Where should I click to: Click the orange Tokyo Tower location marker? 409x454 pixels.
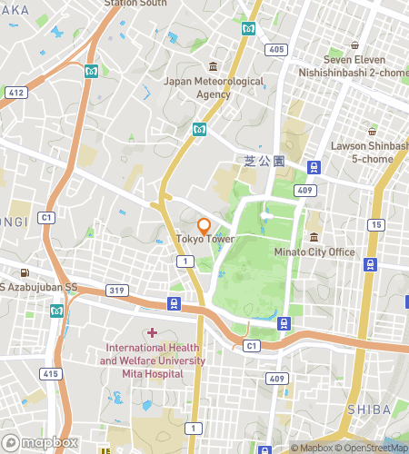tap(204, 225)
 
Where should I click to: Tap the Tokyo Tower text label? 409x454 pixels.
tap(204, 240)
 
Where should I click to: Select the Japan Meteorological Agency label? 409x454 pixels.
tap(213, 87)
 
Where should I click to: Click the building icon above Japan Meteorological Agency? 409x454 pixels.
tap(213, 66)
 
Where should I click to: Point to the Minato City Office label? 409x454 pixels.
tap(314, 252)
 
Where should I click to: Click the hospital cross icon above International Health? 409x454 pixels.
tap(151, 332)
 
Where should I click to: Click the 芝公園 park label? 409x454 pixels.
tap(264, 161)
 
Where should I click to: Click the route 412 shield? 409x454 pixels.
tap(15, 93)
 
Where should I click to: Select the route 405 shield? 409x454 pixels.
tap(276, 49)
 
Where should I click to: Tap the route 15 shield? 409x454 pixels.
tap(375, 224)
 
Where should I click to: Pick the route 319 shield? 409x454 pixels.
tap(115, 291)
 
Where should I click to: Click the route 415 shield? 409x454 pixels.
tap(50, 374)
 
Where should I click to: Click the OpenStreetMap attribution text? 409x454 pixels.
tap(373, 448)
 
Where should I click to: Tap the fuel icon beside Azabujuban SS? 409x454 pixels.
tap(24, 272)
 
